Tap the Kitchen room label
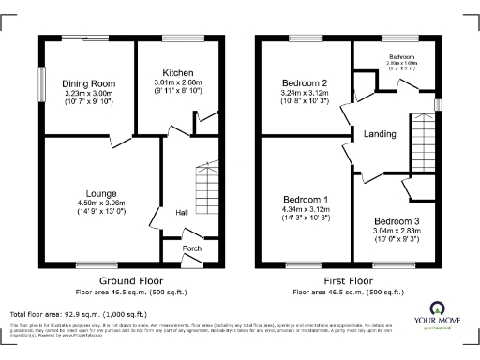(177, 72)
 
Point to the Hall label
(183, 213)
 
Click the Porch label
(191, 248)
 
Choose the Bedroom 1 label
(307, 200)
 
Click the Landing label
(378, 133)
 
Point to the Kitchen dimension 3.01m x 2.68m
(177, 82)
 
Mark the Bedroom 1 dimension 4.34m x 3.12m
(307, 210)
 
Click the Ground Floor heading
(131, 280)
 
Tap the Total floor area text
(78, 313)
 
